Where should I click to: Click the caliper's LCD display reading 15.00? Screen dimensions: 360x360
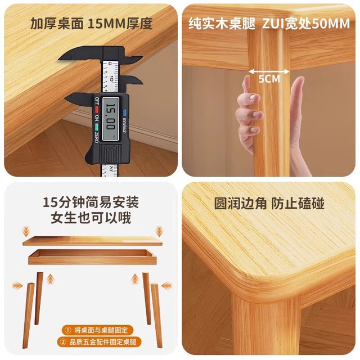(x=110, y=119)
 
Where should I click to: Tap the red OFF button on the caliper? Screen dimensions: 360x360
(x=97, y=109)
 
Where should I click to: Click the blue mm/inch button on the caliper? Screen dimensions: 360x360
(x=125, y=112)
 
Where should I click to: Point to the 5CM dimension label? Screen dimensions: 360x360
(x=269, y=79)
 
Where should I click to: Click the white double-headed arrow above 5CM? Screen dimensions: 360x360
(x=269, y=71)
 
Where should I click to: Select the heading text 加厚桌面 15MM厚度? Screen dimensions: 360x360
(x=91, y=24)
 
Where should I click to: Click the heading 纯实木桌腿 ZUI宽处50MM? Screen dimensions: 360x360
(x=269, y=24)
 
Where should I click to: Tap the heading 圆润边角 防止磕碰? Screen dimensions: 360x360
(x=269, y=204)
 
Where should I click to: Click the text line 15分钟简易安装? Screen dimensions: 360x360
(x=91, y=202)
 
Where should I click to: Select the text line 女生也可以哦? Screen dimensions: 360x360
(x=91, y=218)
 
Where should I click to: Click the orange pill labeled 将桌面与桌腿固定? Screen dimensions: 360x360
(x=97, y=330)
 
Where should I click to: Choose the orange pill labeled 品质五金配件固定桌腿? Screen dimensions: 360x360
(x=99, y=342)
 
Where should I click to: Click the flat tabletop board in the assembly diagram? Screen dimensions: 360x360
(x=92, y=241)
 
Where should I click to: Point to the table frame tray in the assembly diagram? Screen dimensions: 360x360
(x=92, y=257)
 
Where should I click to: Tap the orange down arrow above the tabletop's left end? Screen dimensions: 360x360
(x=26, y=231)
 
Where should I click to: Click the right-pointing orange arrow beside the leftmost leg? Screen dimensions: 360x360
(x=17, y=286)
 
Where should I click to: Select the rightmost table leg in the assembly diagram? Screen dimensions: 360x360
(x=156, y=316)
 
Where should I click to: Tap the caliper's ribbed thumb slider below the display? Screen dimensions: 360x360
(x=109, y=154)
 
